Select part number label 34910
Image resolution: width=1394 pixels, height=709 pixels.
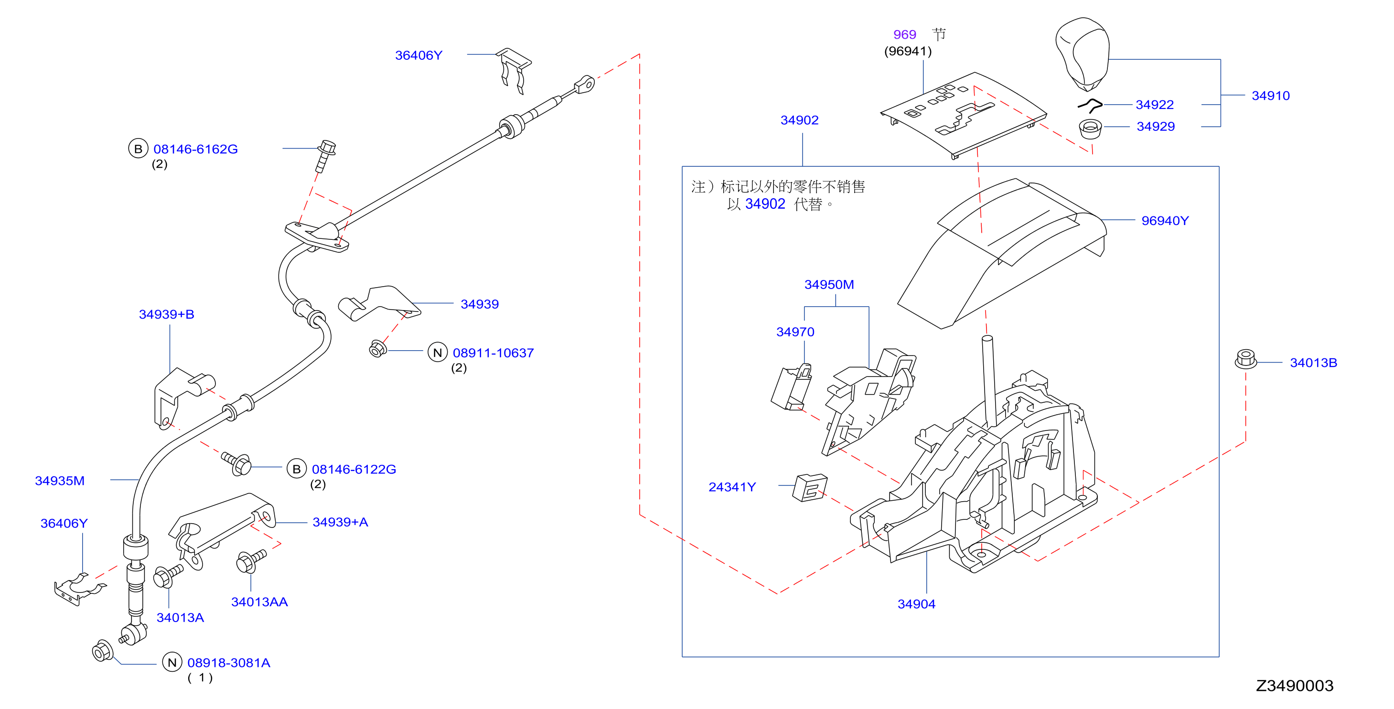point(1271,96)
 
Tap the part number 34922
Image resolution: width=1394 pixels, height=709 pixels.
point(1155,105)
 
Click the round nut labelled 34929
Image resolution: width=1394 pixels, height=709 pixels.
point(1091,129)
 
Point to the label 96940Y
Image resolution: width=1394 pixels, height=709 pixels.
point(1165,221)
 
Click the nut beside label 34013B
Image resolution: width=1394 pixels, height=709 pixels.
point(1246,359)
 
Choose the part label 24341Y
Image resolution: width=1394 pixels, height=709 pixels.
point(732,487)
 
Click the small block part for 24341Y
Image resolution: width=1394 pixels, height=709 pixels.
point(810,488)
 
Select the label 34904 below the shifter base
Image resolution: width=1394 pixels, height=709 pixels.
point(916,604)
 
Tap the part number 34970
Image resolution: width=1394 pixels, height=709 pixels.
point(795,332)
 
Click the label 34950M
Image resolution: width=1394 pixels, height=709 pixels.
point(829,285)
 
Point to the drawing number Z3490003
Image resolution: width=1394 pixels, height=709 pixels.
point(1295,686)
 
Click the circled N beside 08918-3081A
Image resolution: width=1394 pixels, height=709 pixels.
point(172,663)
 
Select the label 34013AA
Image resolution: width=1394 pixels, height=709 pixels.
point(259,602)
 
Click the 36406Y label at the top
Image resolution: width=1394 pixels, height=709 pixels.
point(418,55)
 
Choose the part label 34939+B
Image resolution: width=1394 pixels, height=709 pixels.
point(167,314)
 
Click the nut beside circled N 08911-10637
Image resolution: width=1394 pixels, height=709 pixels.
point(377,349)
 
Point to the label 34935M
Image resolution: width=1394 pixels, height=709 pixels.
point(60,481)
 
